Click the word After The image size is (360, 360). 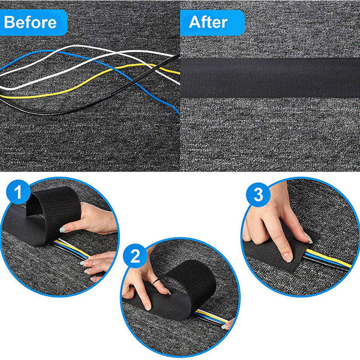(x=208, y=23)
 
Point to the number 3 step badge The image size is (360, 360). (x=259, y=194)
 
